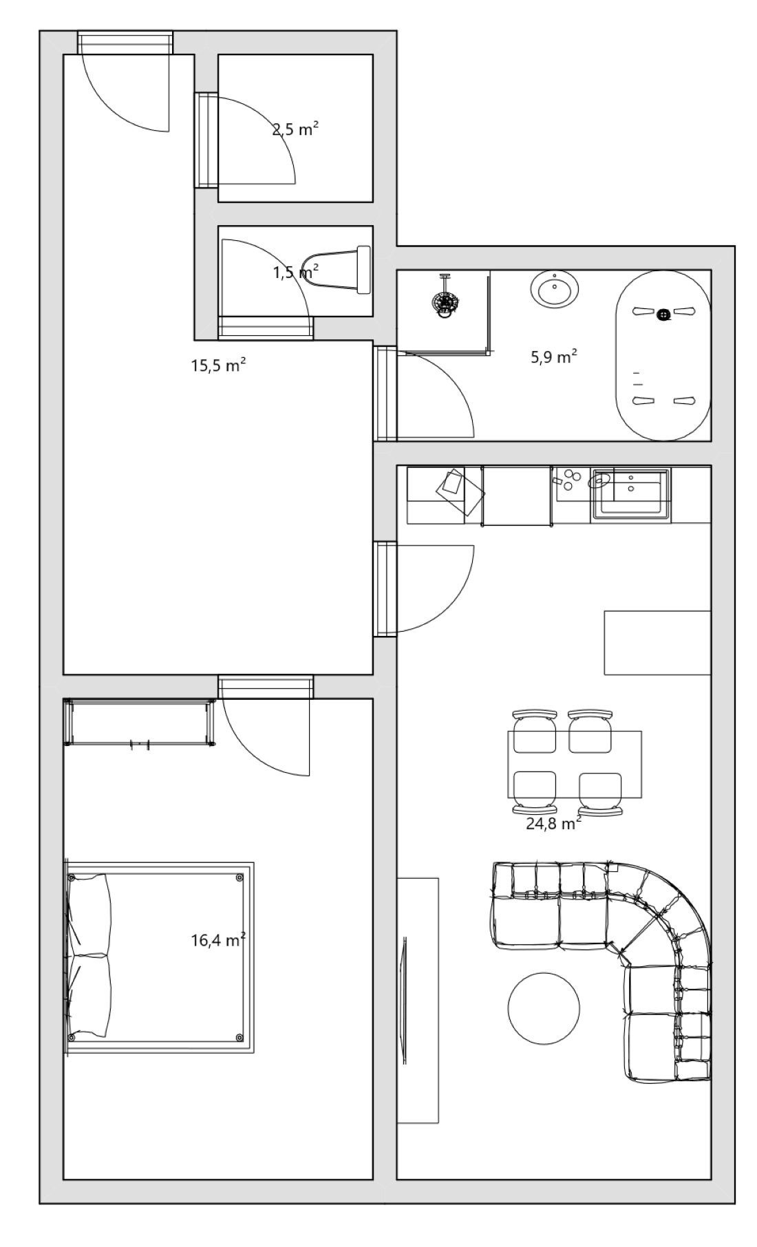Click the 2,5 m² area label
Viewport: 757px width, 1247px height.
[x=295, y=129]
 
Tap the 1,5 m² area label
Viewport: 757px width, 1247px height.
[x=296, y=272]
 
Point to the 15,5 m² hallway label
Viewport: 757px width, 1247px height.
[x=218, y=365]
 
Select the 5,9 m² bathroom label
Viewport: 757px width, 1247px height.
[x=553, y=356]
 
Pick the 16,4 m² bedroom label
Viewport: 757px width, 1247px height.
[x=218, y=939]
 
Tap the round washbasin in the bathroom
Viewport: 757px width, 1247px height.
[x=554, y=290]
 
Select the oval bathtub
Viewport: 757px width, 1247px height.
[x=663, y=356]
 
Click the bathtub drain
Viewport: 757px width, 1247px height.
[x=663, y=315]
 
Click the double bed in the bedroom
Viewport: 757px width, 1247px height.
[x=160, y=957]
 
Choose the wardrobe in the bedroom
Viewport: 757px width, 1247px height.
[x=140, y=723]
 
